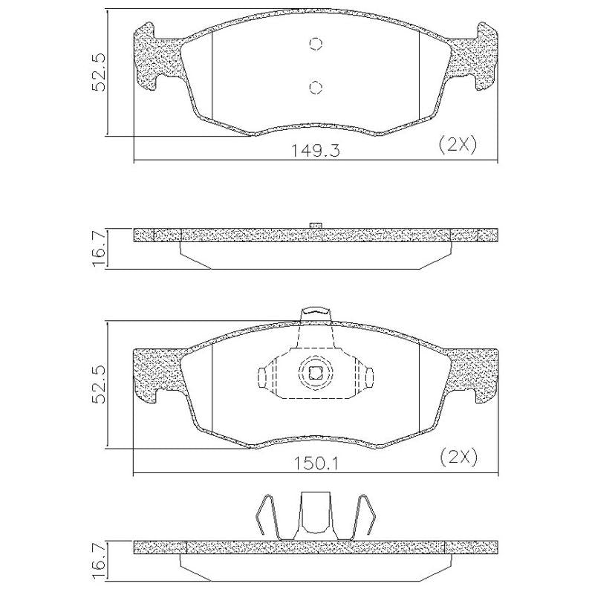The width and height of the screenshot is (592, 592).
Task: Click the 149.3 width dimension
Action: [315, 151]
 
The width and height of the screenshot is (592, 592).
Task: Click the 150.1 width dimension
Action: [316, 464]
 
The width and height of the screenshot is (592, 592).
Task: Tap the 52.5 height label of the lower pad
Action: [98, 384]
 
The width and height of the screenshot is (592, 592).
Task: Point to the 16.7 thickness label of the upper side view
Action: [98, 250]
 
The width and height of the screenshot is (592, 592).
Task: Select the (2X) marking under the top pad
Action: [458, 145]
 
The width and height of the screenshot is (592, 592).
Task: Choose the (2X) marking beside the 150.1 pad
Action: [458, 458]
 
